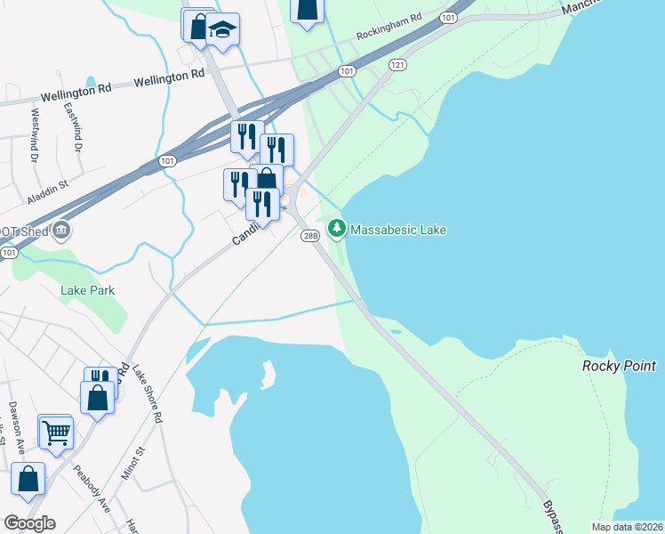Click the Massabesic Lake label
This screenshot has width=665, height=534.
pos(397,230)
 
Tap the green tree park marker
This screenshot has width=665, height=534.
pos(337,229)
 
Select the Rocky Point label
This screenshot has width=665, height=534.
pos(619,366)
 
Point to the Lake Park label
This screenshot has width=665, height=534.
pos(87,290)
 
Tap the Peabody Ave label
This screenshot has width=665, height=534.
pos(92,489)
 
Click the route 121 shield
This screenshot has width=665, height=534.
pos(397,65)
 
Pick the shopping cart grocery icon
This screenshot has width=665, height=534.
pos(57,433)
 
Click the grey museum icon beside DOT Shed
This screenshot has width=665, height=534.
pos(61,231)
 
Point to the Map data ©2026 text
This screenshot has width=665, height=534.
pos(627,526)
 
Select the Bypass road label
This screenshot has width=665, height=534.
pos(552,515)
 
